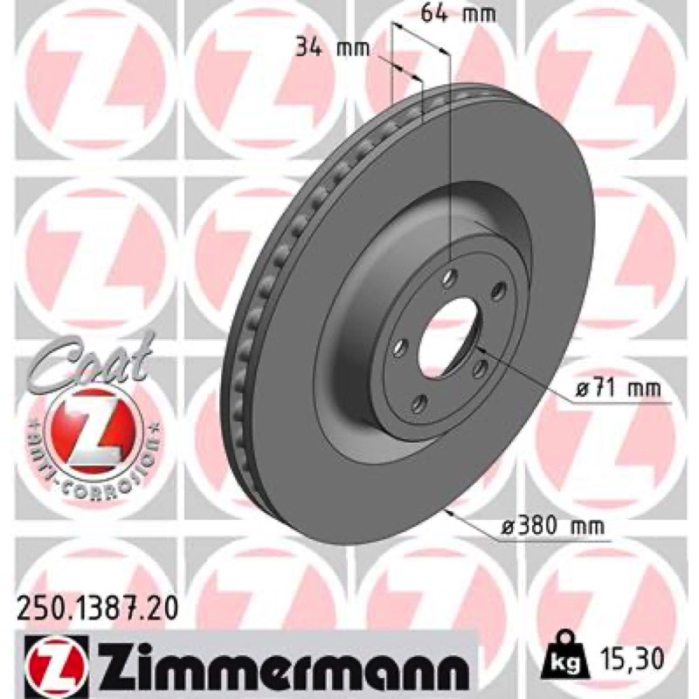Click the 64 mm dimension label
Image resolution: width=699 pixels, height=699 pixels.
click(x=458, y=14)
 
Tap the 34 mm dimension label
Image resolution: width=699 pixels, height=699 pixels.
click(x=333, y=48)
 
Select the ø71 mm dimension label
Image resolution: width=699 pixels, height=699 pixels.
click(x=619, y=389)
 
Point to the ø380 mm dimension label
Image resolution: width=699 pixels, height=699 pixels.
click(x=552, y=527)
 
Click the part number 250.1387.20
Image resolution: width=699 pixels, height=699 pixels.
click(x=97, y=608)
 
